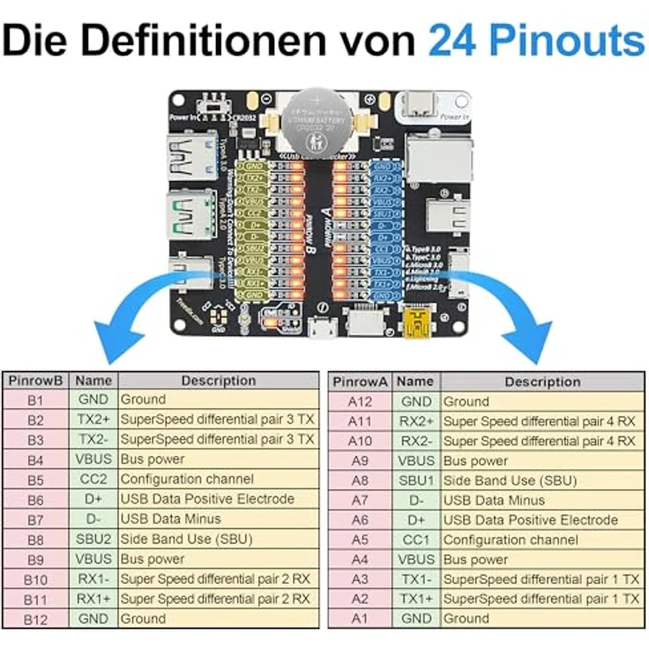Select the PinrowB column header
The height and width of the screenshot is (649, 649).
(35, 381)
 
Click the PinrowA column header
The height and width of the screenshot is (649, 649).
(360, 382)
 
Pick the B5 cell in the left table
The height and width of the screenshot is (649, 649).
(35, 479)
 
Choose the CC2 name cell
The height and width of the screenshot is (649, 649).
(93, 479)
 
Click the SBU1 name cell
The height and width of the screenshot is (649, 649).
(416, 480)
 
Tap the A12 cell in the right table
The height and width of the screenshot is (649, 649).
(360, 401)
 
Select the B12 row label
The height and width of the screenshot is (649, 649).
(35, 619)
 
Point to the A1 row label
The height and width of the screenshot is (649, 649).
(360, 619)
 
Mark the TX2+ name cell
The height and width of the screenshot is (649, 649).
(93, 419)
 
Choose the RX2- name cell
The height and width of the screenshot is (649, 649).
(416, 441)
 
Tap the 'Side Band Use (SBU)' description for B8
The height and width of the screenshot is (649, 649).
(186, 539)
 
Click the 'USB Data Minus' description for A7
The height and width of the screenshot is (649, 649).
(495, 500)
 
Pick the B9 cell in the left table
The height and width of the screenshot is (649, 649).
(35, 559)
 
